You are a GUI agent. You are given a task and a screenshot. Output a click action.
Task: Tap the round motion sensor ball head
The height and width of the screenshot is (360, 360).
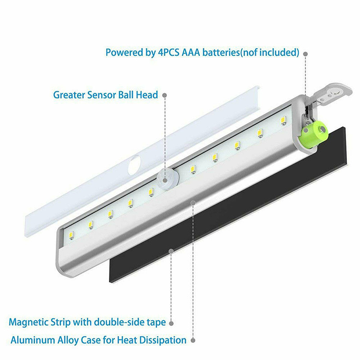click(168, 178)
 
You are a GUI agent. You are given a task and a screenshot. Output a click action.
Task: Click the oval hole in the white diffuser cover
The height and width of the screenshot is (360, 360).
click(134, 165)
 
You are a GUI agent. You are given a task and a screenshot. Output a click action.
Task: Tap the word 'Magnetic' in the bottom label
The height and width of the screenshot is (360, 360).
click(28, 322)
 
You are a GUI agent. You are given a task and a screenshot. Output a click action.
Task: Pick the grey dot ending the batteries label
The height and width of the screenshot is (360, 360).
click(306, 54)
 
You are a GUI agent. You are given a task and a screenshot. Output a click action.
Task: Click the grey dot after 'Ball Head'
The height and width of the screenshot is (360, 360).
click(164, 95)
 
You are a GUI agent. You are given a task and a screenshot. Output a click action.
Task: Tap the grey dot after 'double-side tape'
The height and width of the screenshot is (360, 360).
click(171, 323)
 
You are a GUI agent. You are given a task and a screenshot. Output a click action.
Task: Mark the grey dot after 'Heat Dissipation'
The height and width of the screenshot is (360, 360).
click(193, 340)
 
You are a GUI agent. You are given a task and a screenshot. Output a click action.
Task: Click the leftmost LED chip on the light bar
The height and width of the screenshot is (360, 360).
click(72, 236)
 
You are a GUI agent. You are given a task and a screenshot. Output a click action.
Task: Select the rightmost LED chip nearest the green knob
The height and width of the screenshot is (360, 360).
click(284, 121)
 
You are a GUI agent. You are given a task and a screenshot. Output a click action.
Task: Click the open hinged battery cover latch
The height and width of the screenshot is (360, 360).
click(331, 95)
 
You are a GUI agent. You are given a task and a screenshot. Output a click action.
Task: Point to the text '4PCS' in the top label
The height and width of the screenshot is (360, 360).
click(169, 52)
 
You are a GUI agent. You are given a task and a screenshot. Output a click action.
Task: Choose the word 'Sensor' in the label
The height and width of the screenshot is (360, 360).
click(102, 95)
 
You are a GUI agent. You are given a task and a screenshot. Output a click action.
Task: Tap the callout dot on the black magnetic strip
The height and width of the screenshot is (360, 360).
click(171, 251)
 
